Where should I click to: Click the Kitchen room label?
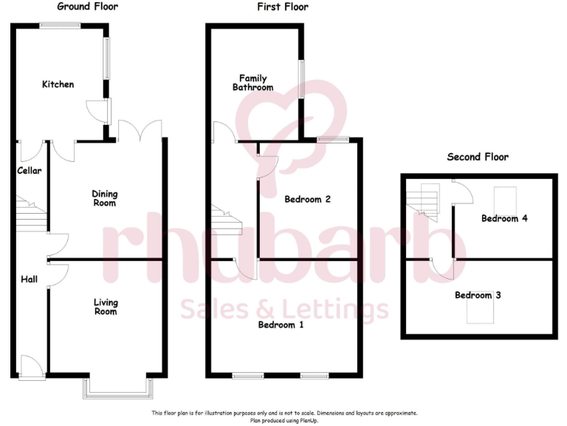point(58,84)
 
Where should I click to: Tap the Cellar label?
point(30,171)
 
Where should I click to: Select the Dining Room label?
point(104,198)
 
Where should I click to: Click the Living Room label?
point(105,306)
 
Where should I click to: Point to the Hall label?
point(29,279)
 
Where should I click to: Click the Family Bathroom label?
point(252,83)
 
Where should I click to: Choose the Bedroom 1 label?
point(281,324)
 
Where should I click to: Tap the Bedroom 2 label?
point(306,199)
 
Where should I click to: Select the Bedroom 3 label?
point(478,295)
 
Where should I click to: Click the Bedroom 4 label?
point(504,218)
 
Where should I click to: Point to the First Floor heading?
point(283,7)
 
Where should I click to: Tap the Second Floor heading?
point(478,157)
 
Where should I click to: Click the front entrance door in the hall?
point(31,365)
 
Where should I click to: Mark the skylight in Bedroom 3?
point(478,313)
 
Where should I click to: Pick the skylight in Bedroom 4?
point(505,199)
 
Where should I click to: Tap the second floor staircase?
point(424,198)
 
